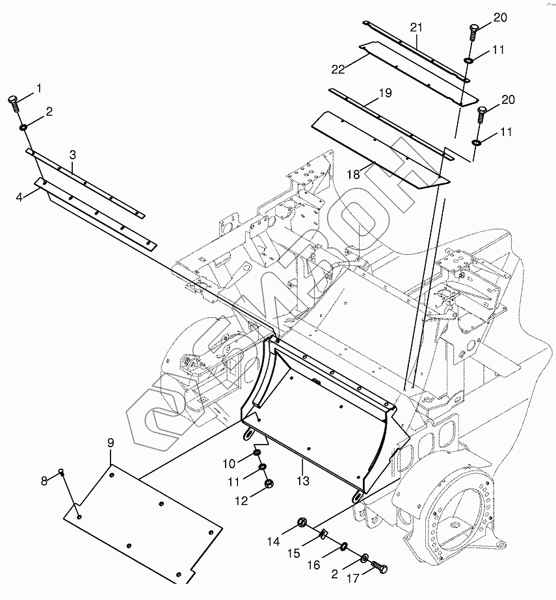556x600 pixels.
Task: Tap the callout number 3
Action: click(x=73, y=155)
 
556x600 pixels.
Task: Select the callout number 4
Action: click(x=20, y=198)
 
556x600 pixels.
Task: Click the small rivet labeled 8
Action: click(x=60, y=471)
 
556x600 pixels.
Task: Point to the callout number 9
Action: click(x=111, y=443)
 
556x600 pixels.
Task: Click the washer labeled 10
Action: click(x=256, y=454)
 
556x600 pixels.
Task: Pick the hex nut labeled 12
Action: click(x=269, y=483)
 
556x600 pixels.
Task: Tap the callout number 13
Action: click(x=303, y=480)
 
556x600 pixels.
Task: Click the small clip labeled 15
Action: click(x=323, y=534)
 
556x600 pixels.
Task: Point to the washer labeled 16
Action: click(x=343, y=545)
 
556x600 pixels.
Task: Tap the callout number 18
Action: click(x=353, y=174)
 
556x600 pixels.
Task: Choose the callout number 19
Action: click(x=385, y=93)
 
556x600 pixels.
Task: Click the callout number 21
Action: click(x=416, y=27)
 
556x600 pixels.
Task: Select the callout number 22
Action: click(x=338, y=70)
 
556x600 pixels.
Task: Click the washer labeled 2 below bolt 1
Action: click(x=23, y=127)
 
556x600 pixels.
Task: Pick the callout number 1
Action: click(x=38, y=88)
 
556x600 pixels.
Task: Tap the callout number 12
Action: click(x=241, y=501)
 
